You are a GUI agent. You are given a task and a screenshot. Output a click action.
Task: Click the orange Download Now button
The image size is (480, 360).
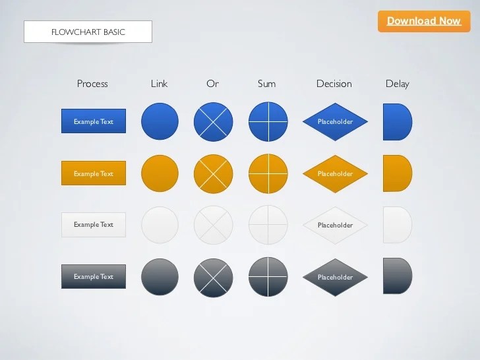[x=423, y=21]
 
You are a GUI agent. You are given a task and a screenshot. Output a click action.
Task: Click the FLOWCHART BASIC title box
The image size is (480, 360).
[x=88, y=32]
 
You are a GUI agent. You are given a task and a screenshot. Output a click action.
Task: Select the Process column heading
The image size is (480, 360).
[x=92, y=84]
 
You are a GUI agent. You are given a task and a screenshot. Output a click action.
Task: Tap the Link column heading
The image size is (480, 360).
[x=159, y=84]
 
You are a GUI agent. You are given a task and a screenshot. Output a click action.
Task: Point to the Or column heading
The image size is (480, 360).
[x=212, y=84]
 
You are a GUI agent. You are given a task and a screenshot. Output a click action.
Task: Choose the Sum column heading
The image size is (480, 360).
[x=267, y=84]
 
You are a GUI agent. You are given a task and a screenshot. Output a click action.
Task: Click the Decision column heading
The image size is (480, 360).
[x=334, y=84]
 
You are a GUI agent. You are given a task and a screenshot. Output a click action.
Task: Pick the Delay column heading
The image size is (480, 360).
[x=398, y=84]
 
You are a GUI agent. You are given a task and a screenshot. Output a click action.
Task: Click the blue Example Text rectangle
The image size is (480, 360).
[x=94, y=121]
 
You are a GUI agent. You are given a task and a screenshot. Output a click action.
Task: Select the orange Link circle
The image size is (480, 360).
[x=160, y=174]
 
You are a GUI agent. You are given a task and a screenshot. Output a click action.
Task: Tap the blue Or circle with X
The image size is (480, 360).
[x=213, y=122]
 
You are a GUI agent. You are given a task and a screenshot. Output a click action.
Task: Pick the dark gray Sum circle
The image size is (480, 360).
[x=268, y=277]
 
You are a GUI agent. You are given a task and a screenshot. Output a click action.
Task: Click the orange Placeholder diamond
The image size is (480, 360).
[x=335, y=174]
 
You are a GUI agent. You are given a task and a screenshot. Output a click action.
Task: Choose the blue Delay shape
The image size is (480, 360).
[x=397, y=122]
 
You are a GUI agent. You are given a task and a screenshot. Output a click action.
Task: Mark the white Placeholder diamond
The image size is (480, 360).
[x=335, y=225]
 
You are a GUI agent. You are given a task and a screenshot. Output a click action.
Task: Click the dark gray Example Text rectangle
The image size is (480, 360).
[x=94, y=277]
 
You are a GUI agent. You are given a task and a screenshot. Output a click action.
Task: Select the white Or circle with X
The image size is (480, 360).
[x=213, y=225]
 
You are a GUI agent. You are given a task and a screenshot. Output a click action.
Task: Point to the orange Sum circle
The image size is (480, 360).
[x=268, y=174]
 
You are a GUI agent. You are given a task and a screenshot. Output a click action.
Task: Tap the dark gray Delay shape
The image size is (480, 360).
[x=397, y=276]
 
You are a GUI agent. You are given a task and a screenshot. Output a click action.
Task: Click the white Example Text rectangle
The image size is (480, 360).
[x=94, y=225]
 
